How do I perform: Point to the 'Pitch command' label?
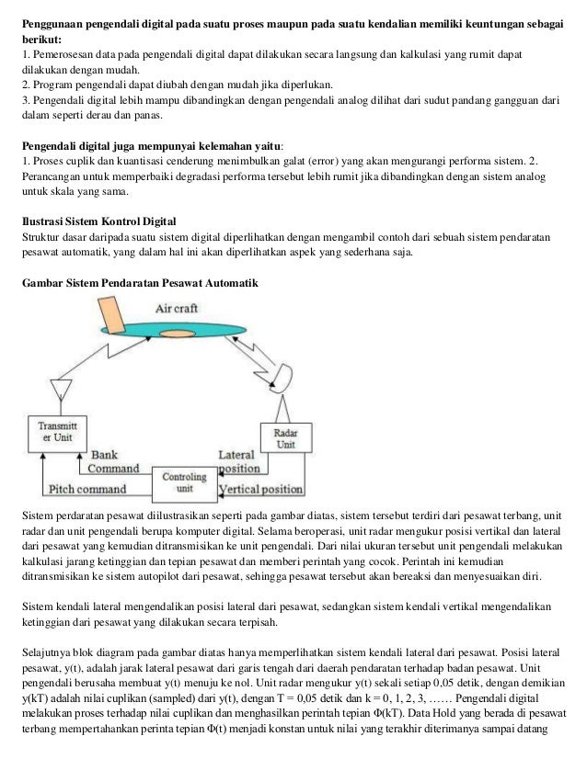click(x=88, y=489)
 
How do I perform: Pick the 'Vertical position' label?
click(x=262, y=489)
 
